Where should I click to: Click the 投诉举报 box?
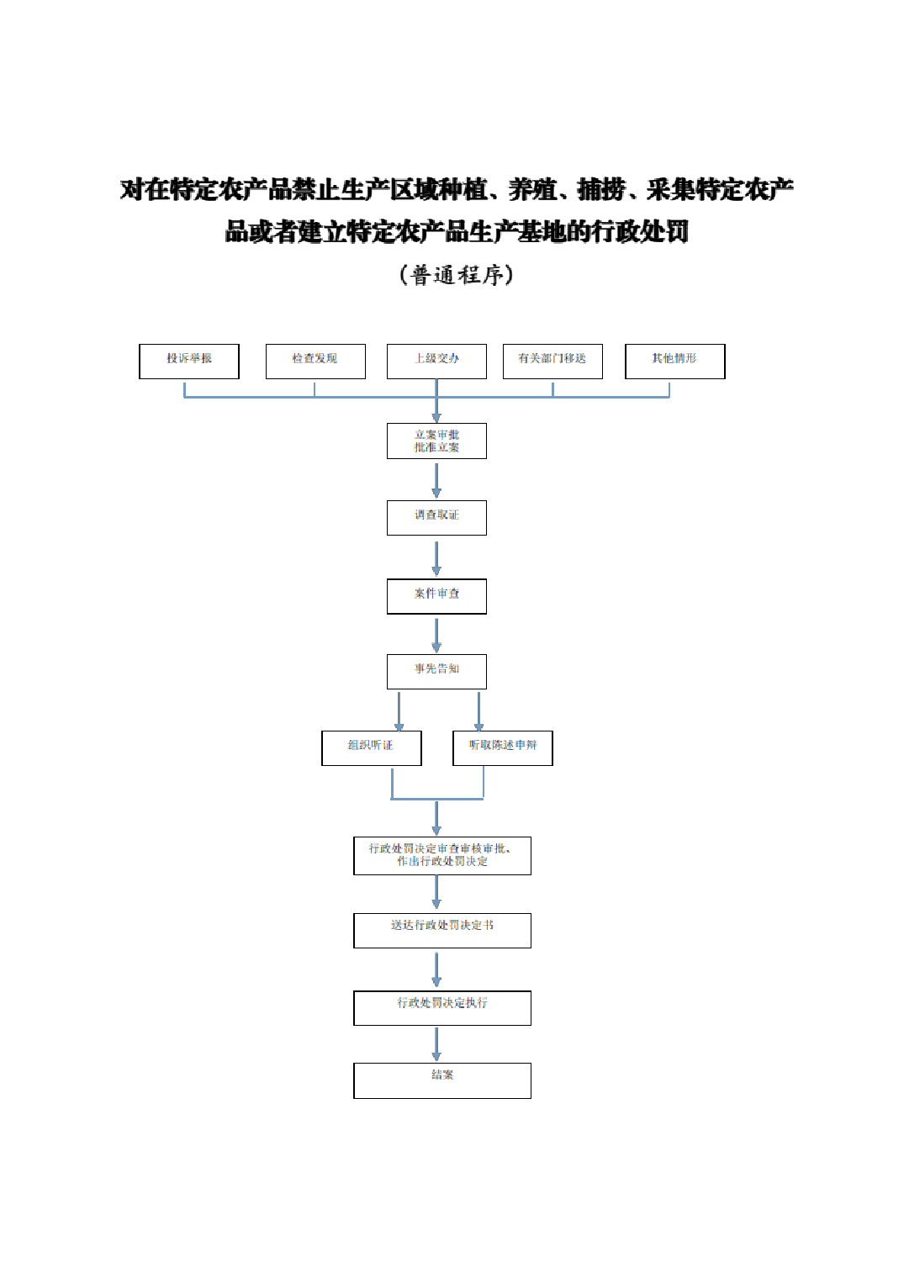coord(189,362)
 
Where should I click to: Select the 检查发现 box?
coord(315,362)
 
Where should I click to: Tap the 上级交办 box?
coord(436,362)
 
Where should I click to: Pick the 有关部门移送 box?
coord(552,362)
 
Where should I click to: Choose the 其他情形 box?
coord(674,362)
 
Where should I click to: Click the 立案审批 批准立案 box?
coord(436,441)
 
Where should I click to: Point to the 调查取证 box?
coord(436,518)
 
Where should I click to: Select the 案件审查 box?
coord(436,596)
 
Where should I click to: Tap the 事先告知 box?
coord(436,672)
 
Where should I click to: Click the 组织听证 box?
coord(371,748)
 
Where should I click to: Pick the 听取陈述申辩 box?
coord(502,748)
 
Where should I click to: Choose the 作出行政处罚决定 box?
coord(442,856)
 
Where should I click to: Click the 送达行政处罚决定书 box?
coord(442,931)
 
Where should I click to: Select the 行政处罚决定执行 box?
coord(442,1008)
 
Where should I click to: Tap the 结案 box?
coord(442,1080)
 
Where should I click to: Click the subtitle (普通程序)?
coord(456,275)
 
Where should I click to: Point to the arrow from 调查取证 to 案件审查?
coord(436,557)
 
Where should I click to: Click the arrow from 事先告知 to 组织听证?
coord(399,710)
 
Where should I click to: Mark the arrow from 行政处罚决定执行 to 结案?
coord(436,1044)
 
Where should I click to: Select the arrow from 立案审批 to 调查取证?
coord(436,480)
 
